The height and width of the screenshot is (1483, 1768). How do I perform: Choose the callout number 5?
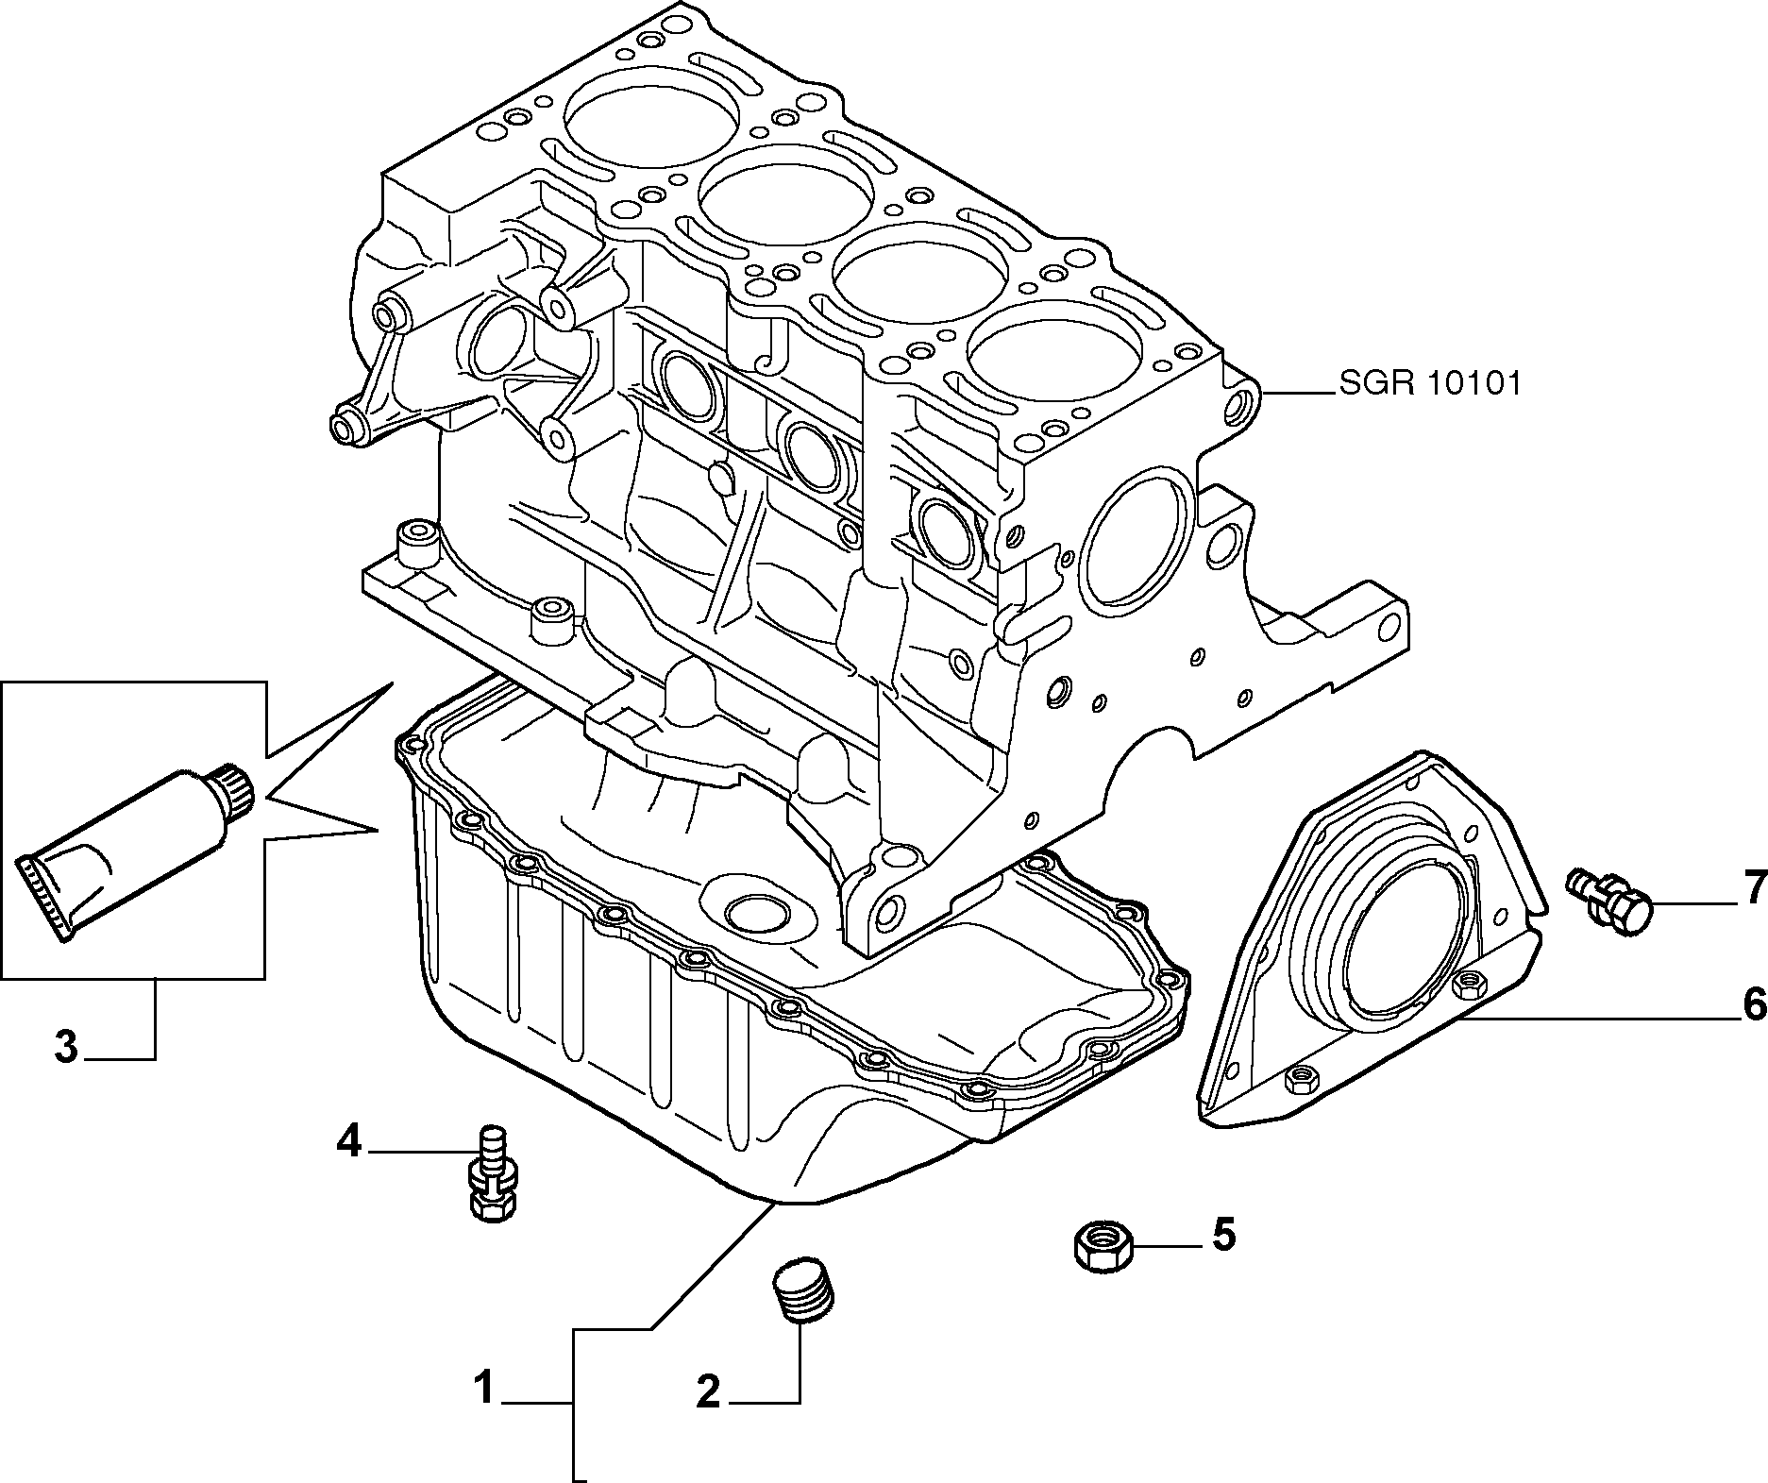coord(1222,1234)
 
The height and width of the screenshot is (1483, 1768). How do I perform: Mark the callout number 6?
coord(1753,1004)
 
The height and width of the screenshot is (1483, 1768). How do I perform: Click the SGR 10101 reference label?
coord(1429,384)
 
